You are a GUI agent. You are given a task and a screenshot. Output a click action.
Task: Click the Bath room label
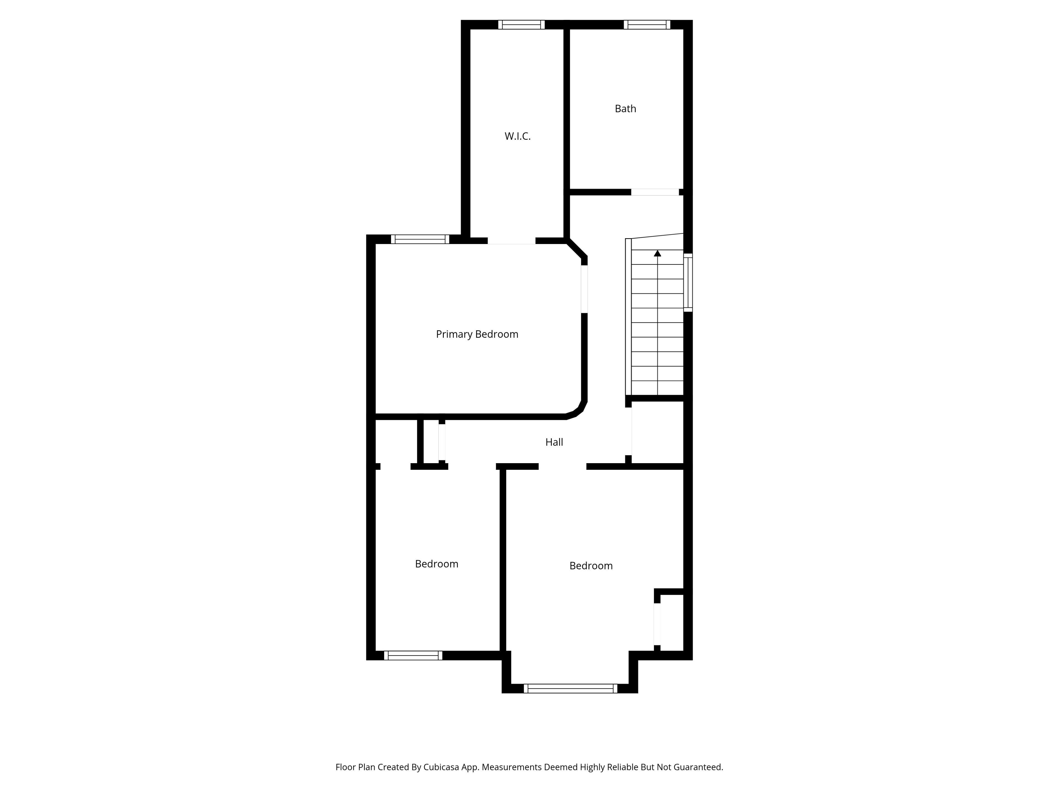[x=625, y=109]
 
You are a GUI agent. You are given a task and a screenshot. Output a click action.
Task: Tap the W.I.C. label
[x=518, y=136]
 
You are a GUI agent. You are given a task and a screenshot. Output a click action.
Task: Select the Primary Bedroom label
[x=477, y=334]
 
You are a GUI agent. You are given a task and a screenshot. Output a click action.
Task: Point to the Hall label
[x=554, y=442]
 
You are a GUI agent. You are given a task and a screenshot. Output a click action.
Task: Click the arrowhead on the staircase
[x=657, y=253]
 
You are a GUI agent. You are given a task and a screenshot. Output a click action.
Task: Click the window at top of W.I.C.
[x=521, y=25]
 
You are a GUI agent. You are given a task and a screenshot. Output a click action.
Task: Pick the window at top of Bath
[x=646, y=25]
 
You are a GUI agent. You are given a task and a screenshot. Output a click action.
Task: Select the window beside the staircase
[x=688, y=282]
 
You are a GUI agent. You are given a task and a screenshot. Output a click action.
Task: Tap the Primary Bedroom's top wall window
[x=420, y=239]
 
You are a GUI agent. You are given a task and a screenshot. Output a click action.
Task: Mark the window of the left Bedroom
[x=413, y=655]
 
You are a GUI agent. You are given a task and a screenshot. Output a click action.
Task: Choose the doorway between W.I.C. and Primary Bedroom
[x=511, y=241]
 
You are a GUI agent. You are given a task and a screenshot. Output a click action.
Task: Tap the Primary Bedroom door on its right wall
[x=584, y=289]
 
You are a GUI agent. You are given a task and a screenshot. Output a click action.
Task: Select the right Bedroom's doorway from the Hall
[x=563, y=467]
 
